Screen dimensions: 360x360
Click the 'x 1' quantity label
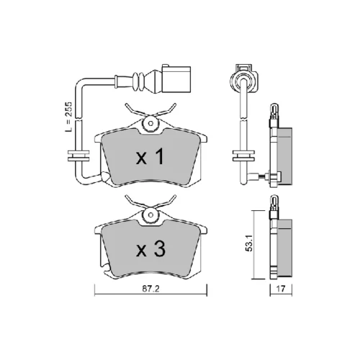point(150,156)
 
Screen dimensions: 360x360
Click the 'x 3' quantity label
point(150,249)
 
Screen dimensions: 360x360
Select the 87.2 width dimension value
point(150,289)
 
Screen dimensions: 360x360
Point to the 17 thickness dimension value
point(281,289)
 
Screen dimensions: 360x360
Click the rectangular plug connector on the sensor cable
point(176,78)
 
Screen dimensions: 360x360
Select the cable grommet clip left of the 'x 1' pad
point(78,156)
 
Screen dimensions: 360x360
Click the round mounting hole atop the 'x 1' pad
point(150,124)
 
